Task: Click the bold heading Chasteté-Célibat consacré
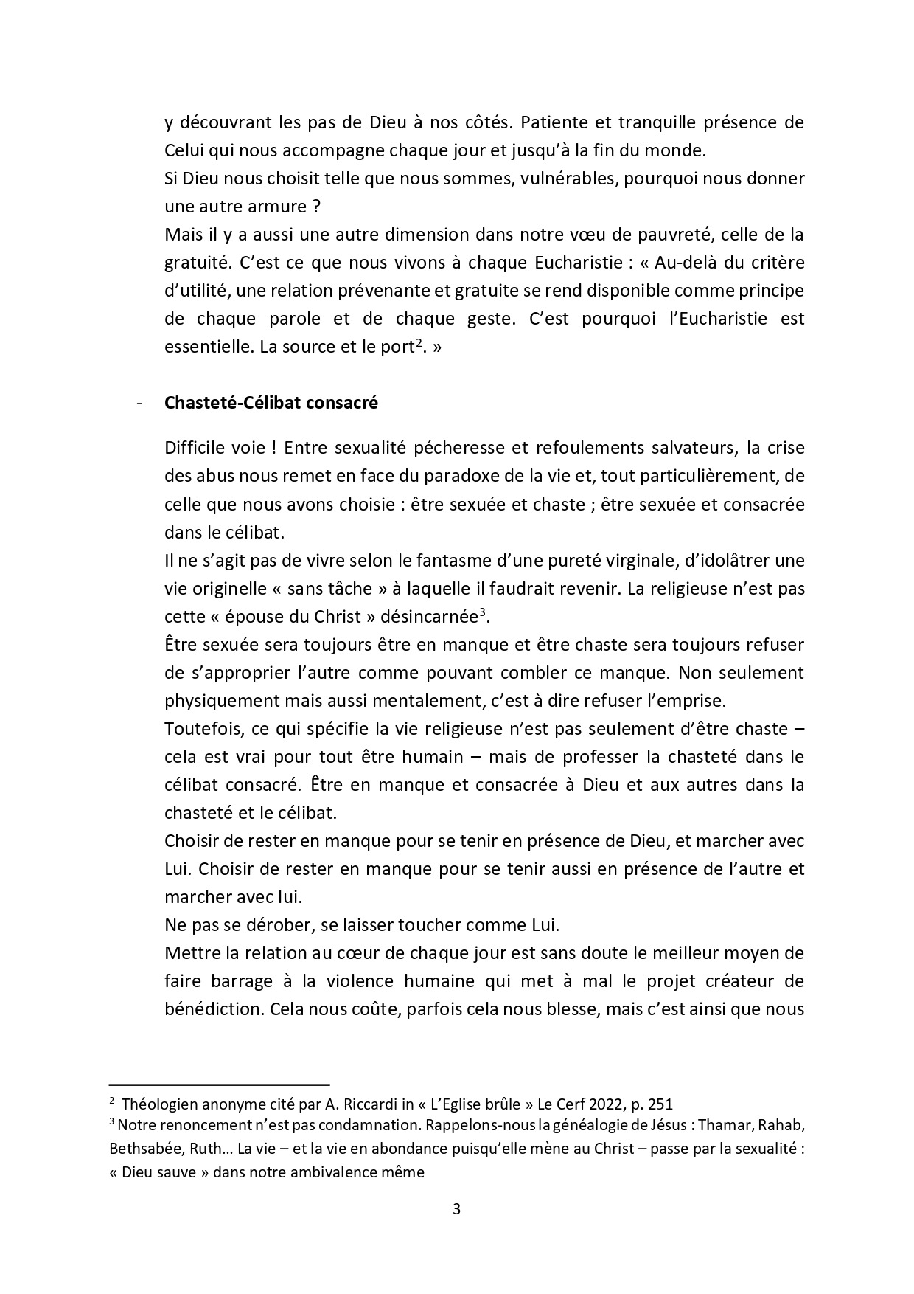(x=271, y=404)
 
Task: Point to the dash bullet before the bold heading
(x=139, y=404)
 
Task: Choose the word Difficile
(x=197, y=448)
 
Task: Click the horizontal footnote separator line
(x=219, y=1085)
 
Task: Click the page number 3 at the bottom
(x=456, y=1209)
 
